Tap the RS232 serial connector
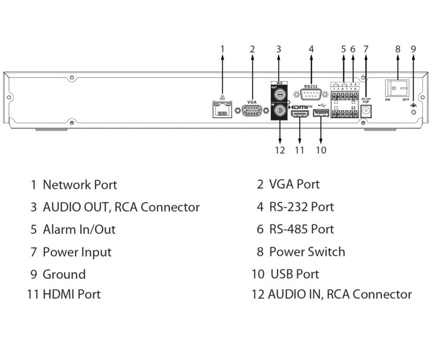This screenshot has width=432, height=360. pyautogui.click(x=311, y=96)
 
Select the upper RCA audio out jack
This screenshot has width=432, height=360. pyautogui.click(x=279, y=92)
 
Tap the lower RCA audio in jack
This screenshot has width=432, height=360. pyautogui.click(x=279, y=111)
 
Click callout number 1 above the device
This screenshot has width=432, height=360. pyautogui.click(x=223, y=49)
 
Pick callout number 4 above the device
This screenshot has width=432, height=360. pyautogui.click(x=311, y=49)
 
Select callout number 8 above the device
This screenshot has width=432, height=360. pyautogui.click(x=397, y=49)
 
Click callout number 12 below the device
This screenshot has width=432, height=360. pyautogui.click(x=280, y=150)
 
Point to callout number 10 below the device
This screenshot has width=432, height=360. pyautogui.click(x=321, y=150)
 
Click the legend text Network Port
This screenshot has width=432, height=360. pyautogui.click(x=79, y=185)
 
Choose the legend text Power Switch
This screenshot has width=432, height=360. pyautogui.click(x=307, y=252)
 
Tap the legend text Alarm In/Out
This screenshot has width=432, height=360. pyautogui.click(x=79, y=229)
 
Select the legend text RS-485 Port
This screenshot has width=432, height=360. pyautogui.click(x=301, y=229)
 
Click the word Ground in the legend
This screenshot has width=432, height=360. pyautogui.click(x=64, y=274)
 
